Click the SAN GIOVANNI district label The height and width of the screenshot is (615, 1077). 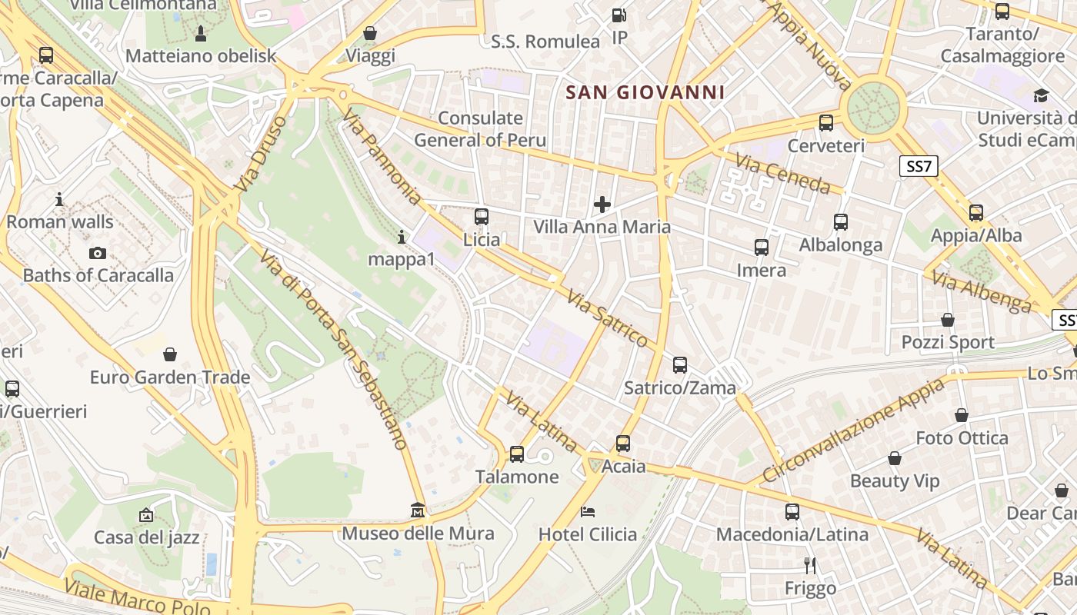point(645,93)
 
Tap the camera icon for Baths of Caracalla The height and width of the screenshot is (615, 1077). point(98,253)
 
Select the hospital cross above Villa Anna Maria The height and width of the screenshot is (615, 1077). point(602,204)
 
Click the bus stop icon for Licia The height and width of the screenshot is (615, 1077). point(482,217)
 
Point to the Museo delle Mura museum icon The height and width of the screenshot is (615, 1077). point(418,510)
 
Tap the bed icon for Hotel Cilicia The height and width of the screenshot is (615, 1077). point(588,511)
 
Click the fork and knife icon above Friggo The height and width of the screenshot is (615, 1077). point(809,566)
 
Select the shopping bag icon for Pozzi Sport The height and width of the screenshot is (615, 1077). point(948,320)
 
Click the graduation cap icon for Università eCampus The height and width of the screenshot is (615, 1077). point(1041,95)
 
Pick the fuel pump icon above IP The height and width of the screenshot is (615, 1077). point(619,15)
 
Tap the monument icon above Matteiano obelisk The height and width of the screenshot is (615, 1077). point(201,33)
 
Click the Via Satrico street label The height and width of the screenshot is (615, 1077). point(608,317)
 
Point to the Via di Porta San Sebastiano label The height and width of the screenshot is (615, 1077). point(333,348)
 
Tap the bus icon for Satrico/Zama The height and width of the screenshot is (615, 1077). point(679,365)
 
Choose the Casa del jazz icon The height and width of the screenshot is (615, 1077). point(146,515)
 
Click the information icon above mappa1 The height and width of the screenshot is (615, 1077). point(401,237)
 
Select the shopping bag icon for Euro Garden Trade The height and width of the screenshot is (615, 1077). point(170,354)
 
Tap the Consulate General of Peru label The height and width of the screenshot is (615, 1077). point(480,129)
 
